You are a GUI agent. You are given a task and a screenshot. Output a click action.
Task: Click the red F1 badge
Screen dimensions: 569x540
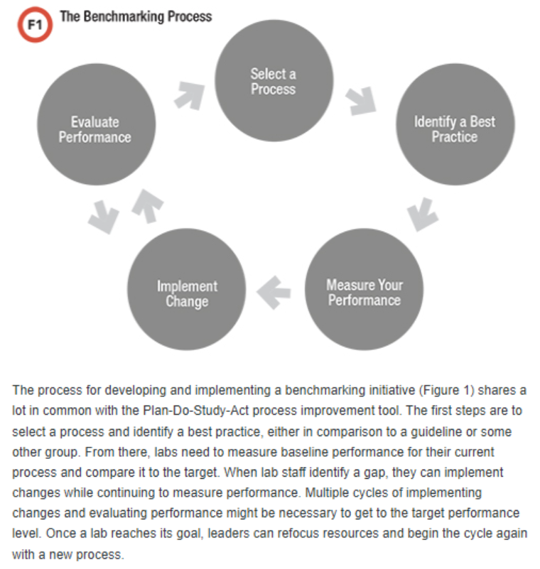tap(33, 25)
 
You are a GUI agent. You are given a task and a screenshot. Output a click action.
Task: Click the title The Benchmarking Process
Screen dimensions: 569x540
tap(135, 16)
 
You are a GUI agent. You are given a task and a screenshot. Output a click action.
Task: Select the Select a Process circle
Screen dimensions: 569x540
tap(273, 82)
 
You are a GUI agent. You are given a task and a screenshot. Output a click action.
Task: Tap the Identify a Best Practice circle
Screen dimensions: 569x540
tap(454, 129)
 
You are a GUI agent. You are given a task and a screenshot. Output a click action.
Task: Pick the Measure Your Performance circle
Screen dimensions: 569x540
tap(364, 291)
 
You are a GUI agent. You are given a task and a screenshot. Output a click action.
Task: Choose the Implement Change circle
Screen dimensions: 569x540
tap(187, 293)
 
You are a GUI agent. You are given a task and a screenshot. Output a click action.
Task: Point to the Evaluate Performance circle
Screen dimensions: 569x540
tap(95, 129)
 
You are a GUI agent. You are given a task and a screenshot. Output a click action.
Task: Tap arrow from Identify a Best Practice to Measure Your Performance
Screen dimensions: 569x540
tap(424, 214)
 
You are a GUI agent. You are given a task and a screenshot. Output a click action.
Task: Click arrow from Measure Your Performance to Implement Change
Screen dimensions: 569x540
tap(274, 291)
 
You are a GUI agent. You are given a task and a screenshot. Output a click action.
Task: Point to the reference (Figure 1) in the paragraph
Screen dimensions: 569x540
tap(448, 391)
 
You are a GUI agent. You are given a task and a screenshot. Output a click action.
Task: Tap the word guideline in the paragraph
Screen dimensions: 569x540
tap(419, 432)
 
